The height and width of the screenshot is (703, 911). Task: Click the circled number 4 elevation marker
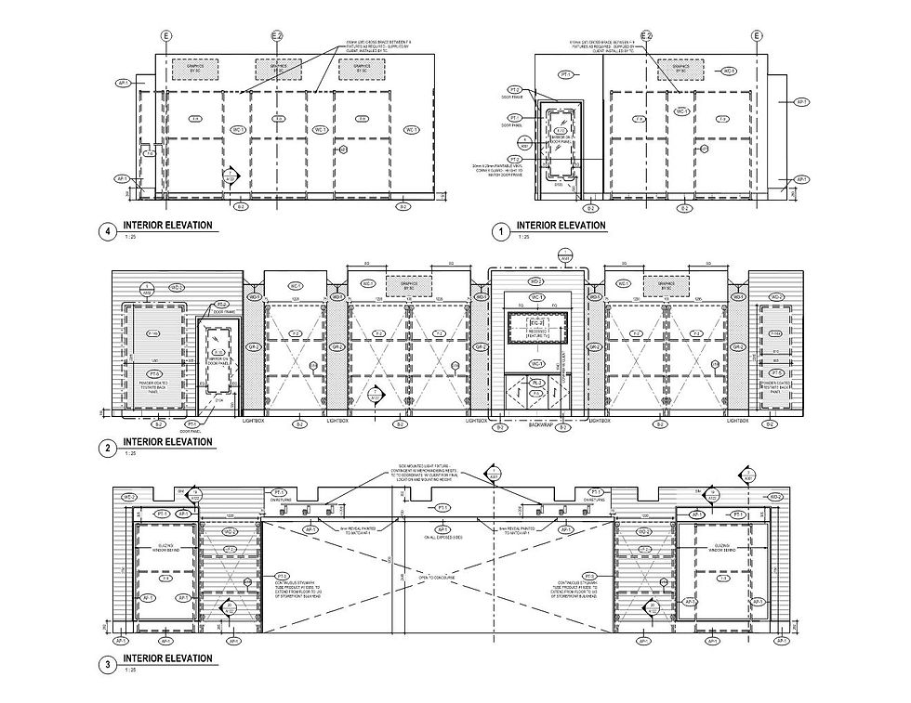[113, 232]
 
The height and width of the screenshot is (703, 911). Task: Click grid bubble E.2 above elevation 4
[276, 36]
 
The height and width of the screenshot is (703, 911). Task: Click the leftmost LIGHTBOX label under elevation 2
[254, 422]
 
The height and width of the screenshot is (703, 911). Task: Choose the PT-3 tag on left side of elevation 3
[283, 576]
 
